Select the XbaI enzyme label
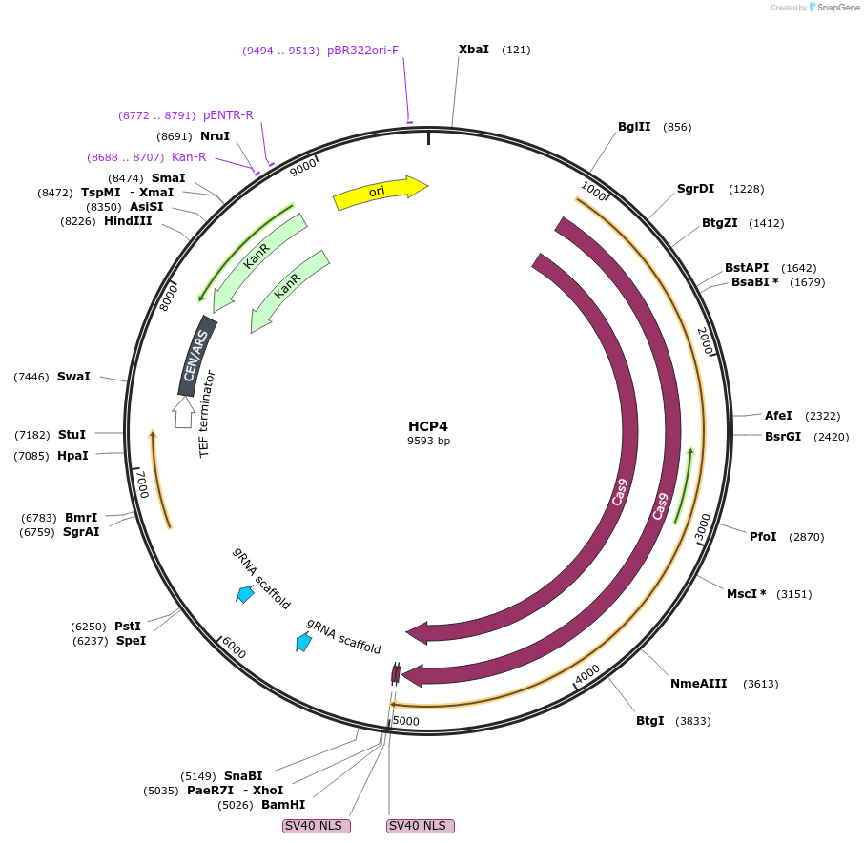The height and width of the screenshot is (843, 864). tap(474, 50)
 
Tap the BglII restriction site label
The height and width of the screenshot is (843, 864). tap(634, 127)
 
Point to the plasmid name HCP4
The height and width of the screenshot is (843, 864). tap(428, 425)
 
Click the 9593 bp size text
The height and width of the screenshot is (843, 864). tap(428, 441)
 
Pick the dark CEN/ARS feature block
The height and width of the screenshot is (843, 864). tap(196, 356)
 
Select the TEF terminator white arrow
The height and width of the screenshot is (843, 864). tap(182, 413)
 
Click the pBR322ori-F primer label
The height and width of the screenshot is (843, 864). tap(362, 51)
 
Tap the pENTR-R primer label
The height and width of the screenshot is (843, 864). tap(228, 115)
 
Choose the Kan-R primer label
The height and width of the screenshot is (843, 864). tap(189, 157)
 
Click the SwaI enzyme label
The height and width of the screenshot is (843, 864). tap(73, 377)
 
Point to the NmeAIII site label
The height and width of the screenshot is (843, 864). tap(699, 683)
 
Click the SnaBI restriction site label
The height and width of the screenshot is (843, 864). tap(243, 776)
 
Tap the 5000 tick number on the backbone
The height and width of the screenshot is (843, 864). tap(406, 721)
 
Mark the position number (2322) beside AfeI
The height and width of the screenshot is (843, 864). tap(822, 416)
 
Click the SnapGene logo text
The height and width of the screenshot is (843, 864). tap(836, 8)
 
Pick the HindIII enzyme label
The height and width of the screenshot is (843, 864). tap(128, 221)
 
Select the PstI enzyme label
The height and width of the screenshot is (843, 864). tap(128, 627)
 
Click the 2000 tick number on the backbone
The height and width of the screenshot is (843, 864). tap(706, 340)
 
